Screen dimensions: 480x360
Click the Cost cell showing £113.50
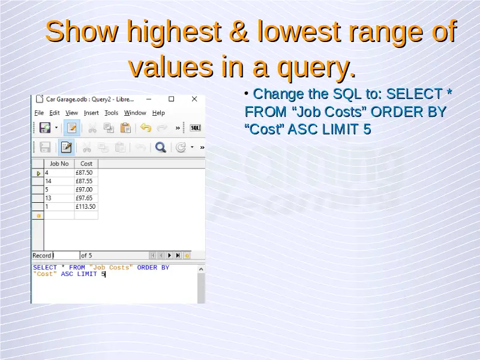(86, 206)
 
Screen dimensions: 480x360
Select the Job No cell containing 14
(59, 181)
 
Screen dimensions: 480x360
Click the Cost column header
(86, 164)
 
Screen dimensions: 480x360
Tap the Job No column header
(59, 164)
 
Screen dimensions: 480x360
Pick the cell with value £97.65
(86, 198)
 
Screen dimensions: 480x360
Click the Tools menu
(111, 113)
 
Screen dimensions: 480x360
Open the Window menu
(135, 113)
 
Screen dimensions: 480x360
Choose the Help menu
(158, 113)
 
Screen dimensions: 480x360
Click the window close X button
(194, 99)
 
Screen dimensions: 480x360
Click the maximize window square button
(172, 99)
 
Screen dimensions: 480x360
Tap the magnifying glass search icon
(160, 147)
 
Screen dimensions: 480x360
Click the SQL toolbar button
(196, 128)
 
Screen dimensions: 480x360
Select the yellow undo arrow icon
(146, 127)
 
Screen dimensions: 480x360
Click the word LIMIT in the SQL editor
(87, 274)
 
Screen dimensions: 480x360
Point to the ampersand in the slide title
(238, 31)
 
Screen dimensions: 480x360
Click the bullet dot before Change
(247, 93)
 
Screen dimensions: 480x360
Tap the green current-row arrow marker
(38, 173)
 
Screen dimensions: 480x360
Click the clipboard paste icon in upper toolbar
(125, 128)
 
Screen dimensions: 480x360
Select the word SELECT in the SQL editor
(45, 268)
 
